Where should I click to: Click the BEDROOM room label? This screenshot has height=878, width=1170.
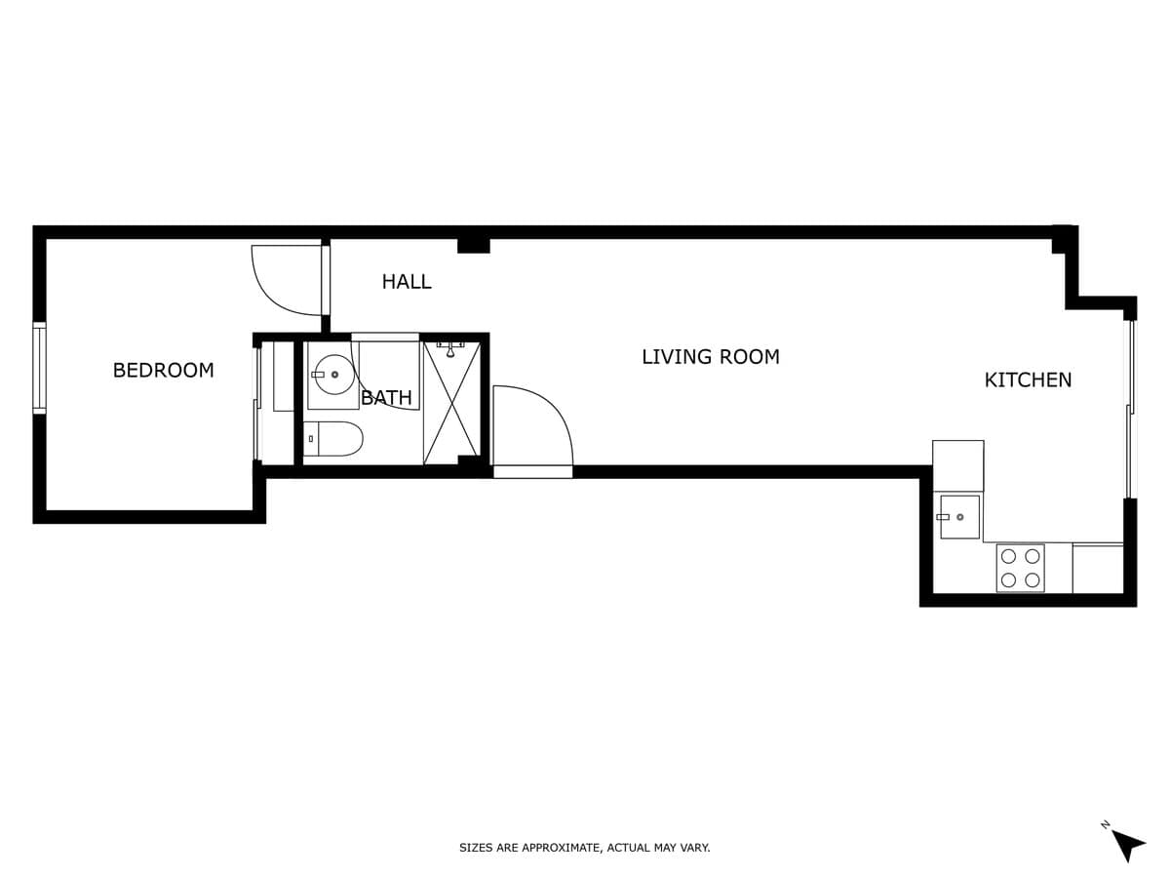coord(163,370)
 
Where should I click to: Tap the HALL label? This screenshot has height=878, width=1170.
coord(407,282)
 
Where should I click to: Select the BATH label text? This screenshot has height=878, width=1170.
coord(386,397)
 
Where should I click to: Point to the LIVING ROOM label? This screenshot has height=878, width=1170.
coord(711,357)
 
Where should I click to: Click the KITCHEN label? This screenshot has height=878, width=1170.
coord(1028,380)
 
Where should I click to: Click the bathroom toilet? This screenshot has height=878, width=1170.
coord(333,439)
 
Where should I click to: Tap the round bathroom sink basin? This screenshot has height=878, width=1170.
coord(333,375)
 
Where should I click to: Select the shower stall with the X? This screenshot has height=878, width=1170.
coord(452,403)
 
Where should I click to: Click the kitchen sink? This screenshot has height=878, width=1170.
coord(959,517)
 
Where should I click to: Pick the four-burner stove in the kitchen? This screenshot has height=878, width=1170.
coord(1020,569)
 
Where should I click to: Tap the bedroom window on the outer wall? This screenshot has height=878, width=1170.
coord(39,368)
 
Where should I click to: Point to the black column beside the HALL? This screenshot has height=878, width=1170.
coord(473,246)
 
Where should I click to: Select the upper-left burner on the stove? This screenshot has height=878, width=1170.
coord(1008,556)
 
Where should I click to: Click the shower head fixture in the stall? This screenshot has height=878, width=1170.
coord(450,349)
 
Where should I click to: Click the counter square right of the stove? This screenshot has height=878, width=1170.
coord(1098,569)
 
